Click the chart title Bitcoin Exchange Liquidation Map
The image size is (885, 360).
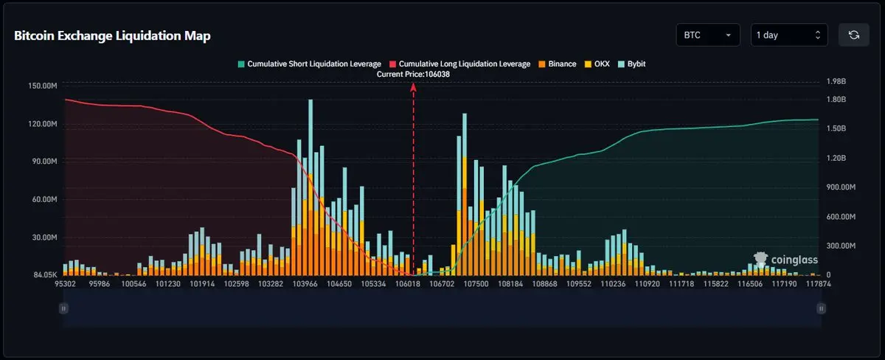(112, 36)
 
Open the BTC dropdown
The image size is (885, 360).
(707, 35)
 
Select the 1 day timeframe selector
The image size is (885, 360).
(788, 35)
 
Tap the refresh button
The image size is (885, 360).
(853, 35)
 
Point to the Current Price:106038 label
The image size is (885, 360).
(413, 75)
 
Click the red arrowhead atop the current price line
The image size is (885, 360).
(413, 86)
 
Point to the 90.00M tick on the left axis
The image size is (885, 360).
(44, 162)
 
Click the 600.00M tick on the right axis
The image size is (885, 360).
(840, 216)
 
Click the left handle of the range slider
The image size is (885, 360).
(64, 308)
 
